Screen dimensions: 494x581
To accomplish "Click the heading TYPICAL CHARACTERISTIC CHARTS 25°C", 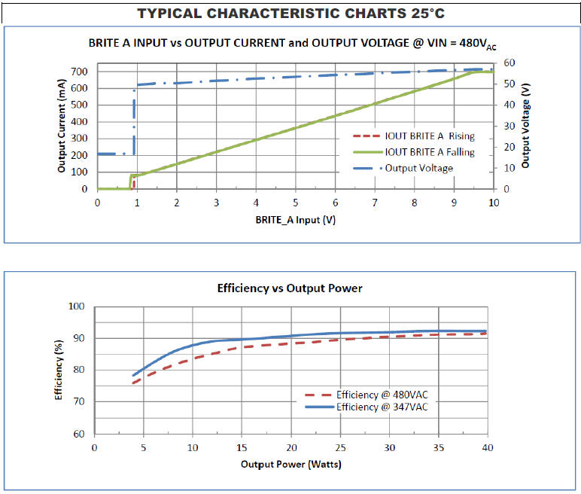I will [x=289, y=14].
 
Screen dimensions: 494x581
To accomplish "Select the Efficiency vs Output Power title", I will [x=290, y=288].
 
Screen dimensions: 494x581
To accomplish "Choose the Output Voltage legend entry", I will [x=419, y=168].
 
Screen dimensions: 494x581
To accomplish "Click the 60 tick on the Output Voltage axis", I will [x=510, y=63].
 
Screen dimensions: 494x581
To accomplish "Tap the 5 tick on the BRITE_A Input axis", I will [x=295, y=203].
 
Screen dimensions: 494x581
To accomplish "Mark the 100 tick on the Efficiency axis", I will [x=76, y=306].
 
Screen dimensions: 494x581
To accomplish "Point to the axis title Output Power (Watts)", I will [x=290, y=464].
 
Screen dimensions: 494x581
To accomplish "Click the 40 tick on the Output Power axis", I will [x=487, y=448].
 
